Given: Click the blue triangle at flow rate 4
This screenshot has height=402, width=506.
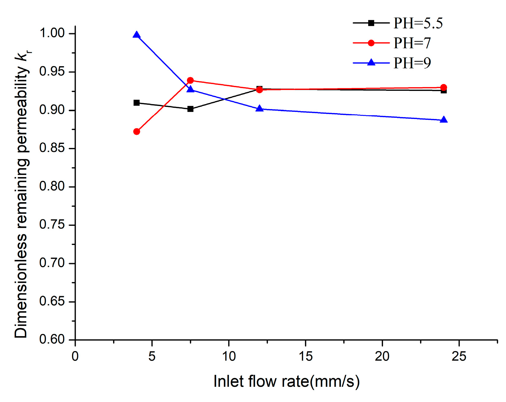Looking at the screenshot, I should tap(137, 35).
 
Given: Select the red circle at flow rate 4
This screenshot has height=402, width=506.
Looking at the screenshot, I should tap(137, 132).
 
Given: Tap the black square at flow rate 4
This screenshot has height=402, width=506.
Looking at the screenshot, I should tap(137, 103).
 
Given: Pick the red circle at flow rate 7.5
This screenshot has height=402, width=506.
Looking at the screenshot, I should tap(190, 81).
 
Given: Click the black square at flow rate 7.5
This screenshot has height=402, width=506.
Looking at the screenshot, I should tap(190, 109).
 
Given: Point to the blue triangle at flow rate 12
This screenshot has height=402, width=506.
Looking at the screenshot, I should tap(259, 109).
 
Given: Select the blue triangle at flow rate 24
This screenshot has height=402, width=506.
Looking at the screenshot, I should tap(444, 120).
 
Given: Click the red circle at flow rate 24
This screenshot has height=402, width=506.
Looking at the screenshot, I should tap(444, 87).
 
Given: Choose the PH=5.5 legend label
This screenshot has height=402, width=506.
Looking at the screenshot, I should tap(418, 23).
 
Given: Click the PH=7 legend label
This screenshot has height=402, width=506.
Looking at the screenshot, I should tap(412, 43).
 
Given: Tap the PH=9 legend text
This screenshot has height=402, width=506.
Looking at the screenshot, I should tap(412, 63).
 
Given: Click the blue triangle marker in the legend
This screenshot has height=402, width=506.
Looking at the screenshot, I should tap(371, 63).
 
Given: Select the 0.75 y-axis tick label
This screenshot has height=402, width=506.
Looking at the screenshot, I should tap(52, 225).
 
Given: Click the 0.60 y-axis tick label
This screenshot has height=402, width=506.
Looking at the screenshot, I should tap(52, 339).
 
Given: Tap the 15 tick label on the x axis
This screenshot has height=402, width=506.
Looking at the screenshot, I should tap(305, 357).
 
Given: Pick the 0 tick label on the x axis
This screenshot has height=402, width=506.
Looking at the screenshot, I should tap(75, 357).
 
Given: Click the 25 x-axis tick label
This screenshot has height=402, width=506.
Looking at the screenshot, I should tap(459, 357).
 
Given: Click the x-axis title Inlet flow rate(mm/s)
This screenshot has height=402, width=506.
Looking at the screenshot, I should tap(286, 381).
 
